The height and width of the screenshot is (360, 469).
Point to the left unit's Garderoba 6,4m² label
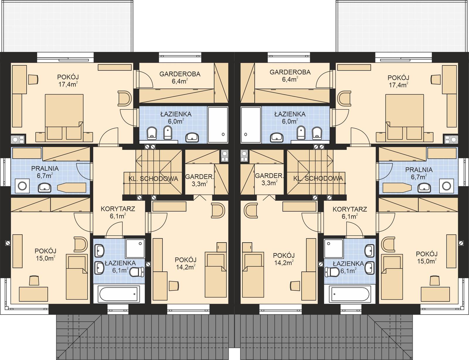[x=180, y=77]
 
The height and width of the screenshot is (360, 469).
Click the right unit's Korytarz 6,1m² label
[x=350, y=213]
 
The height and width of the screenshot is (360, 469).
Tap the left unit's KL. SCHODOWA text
[x=153, y=179]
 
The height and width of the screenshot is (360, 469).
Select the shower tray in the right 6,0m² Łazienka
[x=251, y=125]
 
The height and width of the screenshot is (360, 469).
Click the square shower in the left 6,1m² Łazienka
[x=135, y=248]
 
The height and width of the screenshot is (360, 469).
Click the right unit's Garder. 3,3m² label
[x=269, y=179]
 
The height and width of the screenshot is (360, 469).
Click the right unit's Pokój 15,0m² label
[x=426, y=257]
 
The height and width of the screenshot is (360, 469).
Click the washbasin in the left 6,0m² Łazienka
[x=192, y=137]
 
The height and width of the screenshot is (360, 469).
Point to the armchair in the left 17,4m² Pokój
[x=124, y=98]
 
